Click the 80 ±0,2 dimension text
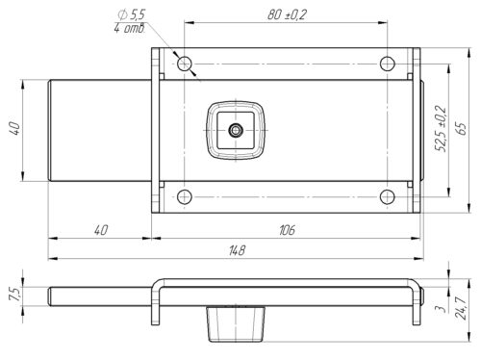(x=287, y=14)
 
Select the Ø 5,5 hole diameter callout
(x=132, y=14)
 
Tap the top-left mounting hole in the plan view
(x=185, y=64)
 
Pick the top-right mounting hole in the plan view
(x=388, y=64)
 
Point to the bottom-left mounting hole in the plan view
(x=185, y=196)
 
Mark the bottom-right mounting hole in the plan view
(x=388, y=196)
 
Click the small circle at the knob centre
(x=236, y=130)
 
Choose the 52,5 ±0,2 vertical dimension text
(x=441, y=128)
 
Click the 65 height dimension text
(x=462, y=128)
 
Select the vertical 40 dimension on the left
(x=15, y=128)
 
